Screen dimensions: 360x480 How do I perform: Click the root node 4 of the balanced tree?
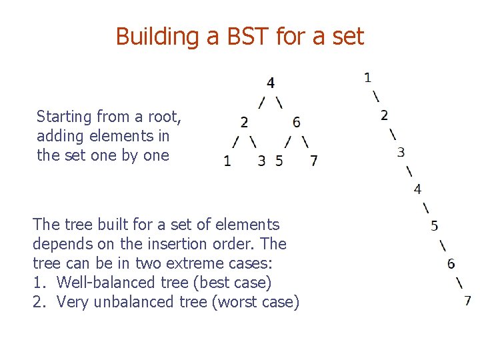[270, 83]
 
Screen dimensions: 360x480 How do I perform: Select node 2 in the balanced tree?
[244, 122]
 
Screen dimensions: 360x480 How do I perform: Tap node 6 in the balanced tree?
[296, 122]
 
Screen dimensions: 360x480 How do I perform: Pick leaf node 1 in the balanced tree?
[227, 161]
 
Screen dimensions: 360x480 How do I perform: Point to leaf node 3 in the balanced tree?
[261, 161]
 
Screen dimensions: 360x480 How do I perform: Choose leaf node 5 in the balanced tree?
[279, 161]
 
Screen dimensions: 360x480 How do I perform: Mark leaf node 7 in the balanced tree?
[313, 161]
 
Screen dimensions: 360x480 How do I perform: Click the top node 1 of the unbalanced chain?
[367, 77]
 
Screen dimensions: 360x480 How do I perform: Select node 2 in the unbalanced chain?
[384, 115]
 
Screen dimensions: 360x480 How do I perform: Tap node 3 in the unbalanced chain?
[401, 152]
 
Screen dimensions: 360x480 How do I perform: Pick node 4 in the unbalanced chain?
[417, 189]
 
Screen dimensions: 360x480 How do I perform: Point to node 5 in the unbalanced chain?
[434, 226]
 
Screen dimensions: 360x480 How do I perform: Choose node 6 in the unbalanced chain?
[451, 263]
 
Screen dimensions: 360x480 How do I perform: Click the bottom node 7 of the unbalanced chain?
[468, 300]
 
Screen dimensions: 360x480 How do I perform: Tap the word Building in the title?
[157, 36]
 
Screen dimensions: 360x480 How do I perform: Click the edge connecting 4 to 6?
[279, 102]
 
